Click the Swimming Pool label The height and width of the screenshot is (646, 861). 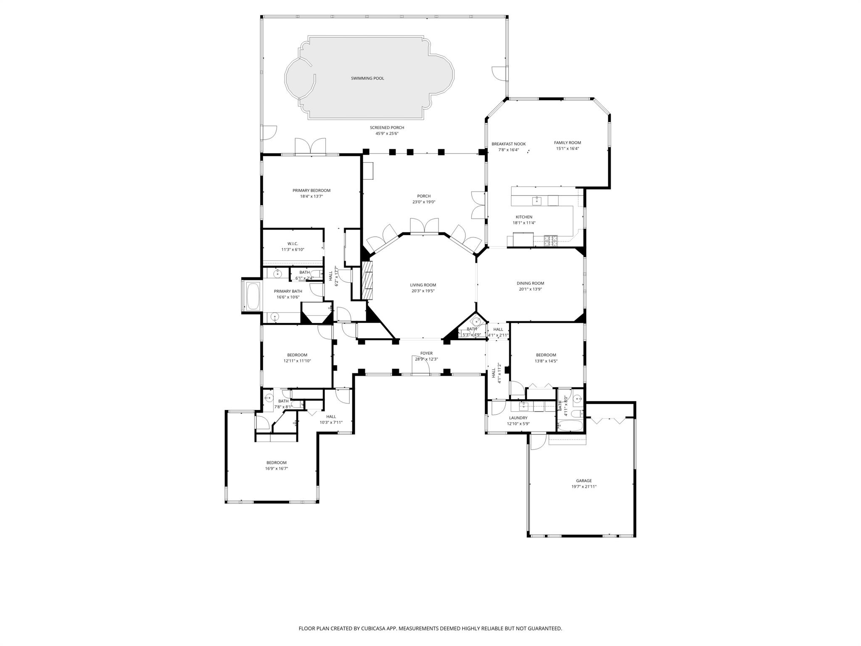[367, 78]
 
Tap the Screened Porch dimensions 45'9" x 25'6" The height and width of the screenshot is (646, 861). [387, 134]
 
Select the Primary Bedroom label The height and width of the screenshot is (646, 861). [311, 191]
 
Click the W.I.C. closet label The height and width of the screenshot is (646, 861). [293, 244]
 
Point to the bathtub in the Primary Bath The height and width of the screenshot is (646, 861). [253, 297]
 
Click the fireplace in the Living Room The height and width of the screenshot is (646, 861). [367, 280]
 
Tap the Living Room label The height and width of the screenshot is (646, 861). [423, 285]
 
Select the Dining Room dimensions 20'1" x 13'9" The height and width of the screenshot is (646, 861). [530, 289]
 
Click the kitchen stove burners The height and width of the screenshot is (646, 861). [551, 241]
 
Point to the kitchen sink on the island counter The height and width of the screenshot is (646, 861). [537, 201]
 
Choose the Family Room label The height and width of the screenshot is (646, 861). [567, 143]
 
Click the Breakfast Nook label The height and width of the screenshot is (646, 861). [508, 144]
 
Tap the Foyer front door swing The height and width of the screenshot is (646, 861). [420, 365]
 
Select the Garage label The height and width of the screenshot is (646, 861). [584, 481]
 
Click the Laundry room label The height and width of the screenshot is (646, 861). [518, 418]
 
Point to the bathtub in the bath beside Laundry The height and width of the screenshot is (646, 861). [570, 426]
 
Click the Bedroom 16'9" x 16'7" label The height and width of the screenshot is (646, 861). [276, 463]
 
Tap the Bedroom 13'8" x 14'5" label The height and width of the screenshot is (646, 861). [546, 355]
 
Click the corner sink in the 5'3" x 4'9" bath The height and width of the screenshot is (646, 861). [475, 321]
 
